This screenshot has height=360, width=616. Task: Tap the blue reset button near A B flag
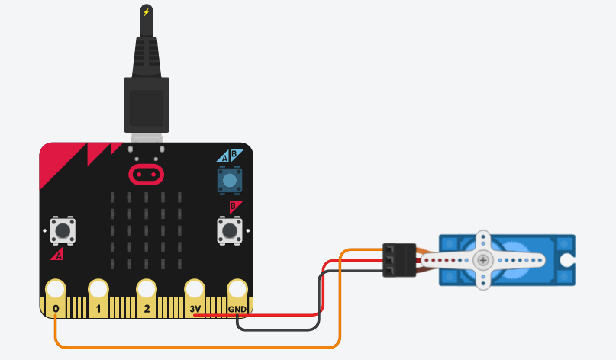tap(230, 180)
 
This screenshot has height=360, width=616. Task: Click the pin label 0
tap(56, 310)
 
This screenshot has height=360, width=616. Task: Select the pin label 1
tap(98, 310)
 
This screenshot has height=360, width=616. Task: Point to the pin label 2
tap(147, 310)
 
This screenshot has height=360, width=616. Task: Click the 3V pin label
tap(195, 310)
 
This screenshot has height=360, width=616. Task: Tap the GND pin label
tap(237, 310)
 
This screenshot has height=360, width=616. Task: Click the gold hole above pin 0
tap(56, 289)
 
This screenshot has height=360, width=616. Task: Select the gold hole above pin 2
tap(147, 289)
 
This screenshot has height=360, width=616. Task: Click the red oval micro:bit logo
tap(146, 174)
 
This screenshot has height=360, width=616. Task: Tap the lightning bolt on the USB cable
tap(146, 12)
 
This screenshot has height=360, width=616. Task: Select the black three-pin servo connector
tap(398, 260)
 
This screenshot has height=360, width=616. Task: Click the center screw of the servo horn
tap(483, 260)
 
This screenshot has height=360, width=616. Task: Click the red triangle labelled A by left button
tap(56, 255)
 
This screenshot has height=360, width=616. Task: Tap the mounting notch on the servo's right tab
tap(566, 260)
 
